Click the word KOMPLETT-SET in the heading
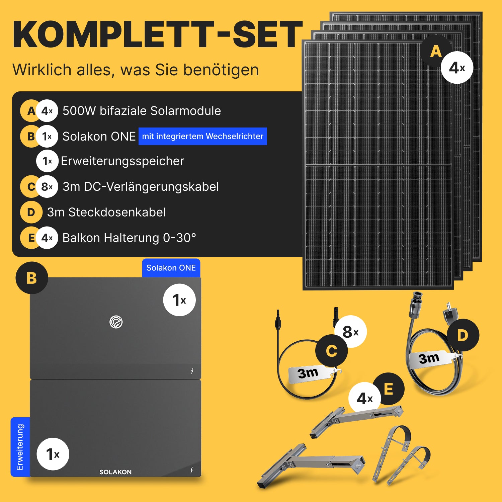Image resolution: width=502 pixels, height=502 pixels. [x=157, y=34]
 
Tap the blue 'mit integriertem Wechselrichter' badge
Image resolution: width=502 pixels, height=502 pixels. [x=203, y=136]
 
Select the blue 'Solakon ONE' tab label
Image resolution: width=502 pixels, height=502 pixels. [x=171, y=268]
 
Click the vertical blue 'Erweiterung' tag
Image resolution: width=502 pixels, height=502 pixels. [x=20, y=447]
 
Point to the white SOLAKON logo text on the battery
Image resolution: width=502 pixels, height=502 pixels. [x=115, y=472]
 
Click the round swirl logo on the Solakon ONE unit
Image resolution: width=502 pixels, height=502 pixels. [x=116, y=322]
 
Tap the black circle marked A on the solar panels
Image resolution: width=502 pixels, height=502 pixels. [x=436, y=51]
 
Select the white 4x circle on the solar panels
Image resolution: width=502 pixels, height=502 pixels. [x=457, y=68]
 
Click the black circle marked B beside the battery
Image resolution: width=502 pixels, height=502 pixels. [x=32, y=278]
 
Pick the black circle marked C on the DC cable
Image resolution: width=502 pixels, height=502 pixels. [x=332, y=350]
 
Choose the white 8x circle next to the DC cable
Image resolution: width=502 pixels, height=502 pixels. [x=350, y=332]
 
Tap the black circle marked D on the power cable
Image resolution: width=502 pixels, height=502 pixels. [x=463, y=335]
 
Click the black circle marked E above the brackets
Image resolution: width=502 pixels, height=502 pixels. [x=388, y=389]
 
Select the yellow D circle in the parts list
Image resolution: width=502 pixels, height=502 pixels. [x=31, y=212]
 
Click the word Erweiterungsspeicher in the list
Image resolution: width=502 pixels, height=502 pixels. [x=122, y=161]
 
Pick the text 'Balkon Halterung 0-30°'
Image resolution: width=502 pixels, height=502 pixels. [x=129, y=238]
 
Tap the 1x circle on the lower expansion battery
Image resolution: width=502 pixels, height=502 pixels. [x=53, y=454]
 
